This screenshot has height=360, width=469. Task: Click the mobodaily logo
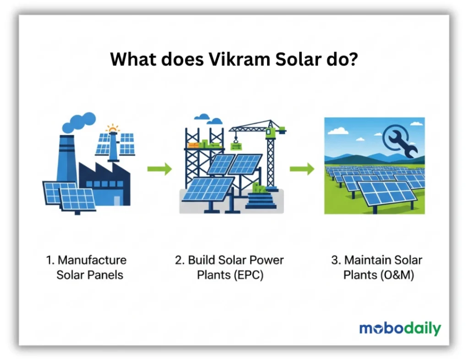[x=400, y=328]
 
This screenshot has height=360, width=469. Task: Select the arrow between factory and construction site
[x=159, y=169]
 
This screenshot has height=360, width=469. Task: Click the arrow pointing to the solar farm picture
[x=302, y=169]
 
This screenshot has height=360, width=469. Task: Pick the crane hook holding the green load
[x=236, y=142]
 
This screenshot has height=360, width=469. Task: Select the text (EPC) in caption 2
[x=248, y=276]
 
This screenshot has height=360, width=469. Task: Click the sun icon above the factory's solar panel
[x=112, y=129]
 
